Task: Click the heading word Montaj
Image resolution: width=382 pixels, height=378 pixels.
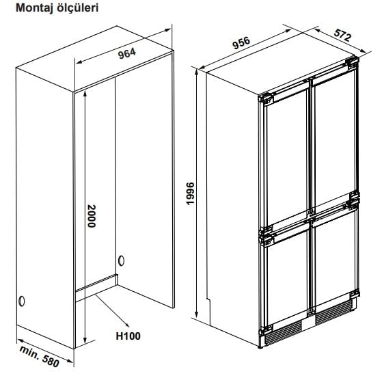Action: [x=35, y=8]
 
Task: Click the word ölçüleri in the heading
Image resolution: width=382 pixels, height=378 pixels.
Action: [x=78, y=8]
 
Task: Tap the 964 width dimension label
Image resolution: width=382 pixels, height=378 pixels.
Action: [x=127, y=53]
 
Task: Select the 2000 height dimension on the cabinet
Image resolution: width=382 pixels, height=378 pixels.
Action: [x=92, y=216]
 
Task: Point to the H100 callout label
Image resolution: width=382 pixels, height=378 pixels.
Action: [x=128, y=336]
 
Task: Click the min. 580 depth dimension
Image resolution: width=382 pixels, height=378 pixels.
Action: [x=40, y=356]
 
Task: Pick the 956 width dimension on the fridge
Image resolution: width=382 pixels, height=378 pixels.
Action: [x=241, y=43]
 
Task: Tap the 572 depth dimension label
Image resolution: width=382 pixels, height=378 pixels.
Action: [x=343, y=35]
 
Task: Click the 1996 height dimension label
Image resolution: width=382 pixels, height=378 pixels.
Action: [x=189, y=193]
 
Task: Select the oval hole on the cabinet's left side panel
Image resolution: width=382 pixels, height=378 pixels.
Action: [x=22, y=301]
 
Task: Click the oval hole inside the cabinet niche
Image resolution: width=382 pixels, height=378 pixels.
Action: [x=121, y=261]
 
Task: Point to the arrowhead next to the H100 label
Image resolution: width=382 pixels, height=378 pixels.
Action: [x=126, y=324]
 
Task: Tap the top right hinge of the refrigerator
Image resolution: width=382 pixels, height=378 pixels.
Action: [x=352, y=63]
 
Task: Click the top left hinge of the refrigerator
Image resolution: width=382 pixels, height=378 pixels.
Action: [x=266, y=99]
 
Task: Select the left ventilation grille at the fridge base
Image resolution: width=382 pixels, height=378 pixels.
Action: [x=283, y=333]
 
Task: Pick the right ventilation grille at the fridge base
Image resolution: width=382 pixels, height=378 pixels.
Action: [x=333, y=312]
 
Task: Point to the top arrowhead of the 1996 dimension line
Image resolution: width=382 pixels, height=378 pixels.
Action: [x=196, y=72]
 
